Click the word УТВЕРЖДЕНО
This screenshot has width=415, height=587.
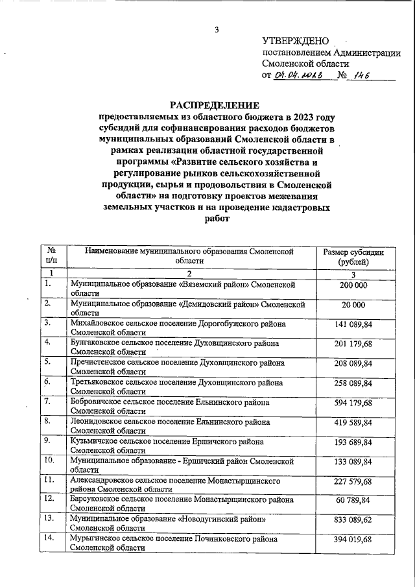tap(296, 41)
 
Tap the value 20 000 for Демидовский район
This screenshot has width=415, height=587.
tap(353, 304)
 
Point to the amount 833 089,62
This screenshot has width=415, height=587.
tap(353, 521)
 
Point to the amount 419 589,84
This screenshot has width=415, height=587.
tap(353, 422)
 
